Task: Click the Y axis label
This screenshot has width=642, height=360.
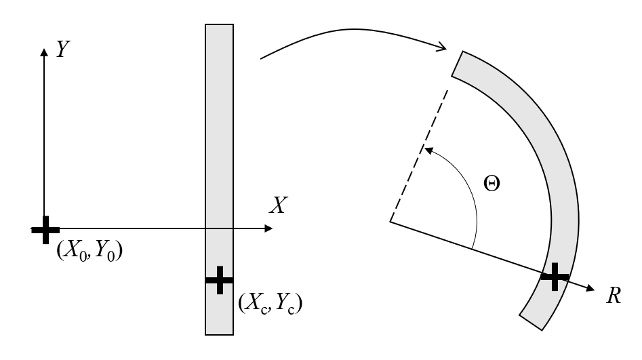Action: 62,49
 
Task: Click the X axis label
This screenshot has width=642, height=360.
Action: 279,205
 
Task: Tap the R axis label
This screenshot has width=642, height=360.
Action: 614,296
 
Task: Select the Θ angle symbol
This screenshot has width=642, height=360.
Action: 491,184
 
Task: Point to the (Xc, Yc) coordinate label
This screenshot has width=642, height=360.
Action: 270,303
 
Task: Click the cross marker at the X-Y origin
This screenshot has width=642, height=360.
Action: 45,231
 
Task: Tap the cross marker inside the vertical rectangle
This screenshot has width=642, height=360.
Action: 220,280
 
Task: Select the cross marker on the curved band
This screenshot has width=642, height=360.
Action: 555,277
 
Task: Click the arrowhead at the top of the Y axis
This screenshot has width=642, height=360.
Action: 44,52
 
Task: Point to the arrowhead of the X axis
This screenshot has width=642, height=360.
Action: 268,228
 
